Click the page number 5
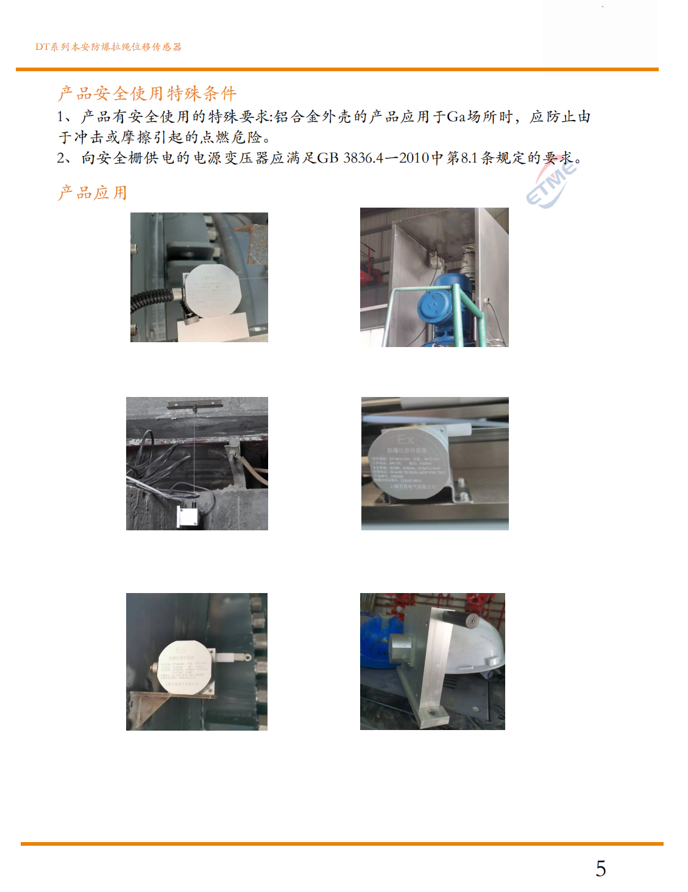(x=600, y=868)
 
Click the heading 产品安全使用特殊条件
(x=147, y=93)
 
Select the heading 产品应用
(x=93, y=193)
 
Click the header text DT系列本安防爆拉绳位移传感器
(x=108, y=47)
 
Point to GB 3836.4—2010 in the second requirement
(x=373, y=158)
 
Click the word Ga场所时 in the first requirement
(x=480, y=117)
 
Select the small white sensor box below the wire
(x=187, y=515)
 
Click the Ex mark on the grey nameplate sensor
(x=405, y=440)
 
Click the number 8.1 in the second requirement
(x=469, y=158)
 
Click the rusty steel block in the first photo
(x=257, y=244)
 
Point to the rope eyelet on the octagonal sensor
(x=245, y=658)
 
